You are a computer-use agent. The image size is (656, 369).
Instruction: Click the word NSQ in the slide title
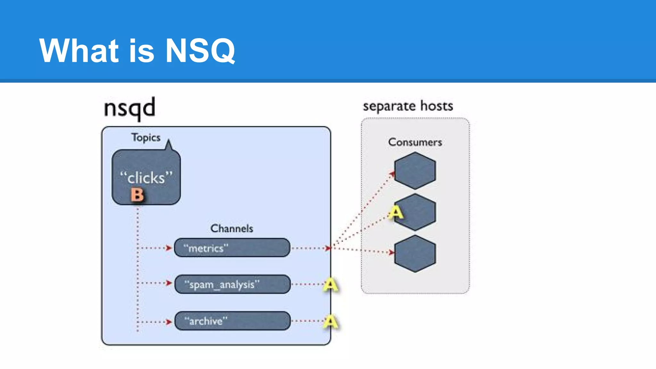click(x=200, y=51)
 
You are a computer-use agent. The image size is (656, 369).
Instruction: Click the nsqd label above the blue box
click(x=129, y=108)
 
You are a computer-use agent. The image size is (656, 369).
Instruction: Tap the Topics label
click(x=146, y=137)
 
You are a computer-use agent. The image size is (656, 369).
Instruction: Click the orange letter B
click(x=137, y=195)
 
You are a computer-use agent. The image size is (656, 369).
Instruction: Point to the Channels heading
click(x=232, y=228)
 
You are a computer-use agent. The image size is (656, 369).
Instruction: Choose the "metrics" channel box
click(x=232, y=248)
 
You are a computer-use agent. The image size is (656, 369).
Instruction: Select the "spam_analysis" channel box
click(x=233, y=284)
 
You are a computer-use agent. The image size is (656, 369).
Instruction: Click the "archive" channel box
click(x=233, y=321)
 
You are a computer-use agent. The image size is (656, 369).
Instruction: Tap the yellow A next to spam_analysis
click(x=331, y=284)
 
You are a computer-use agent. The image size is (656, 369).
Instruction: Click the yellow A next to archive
click(x=331, y=321)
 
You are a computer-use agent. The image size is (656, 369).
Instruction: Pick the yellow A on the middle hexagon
click(x=396, y=212)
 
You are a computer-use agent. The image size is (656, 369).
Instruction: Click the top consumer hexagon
click(x=415, y=170)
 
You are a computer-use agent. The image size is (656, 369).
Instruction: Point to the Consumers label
click(x=415, y=142)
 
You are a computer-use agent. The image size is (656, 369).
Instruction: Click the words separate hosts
click(x=408, y=106)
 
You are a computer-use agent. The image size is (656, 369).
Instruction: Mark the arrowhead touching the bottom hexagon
click(x=391, y=252)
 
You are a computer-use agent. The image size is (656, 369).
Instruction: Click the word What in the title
click(x=79, y=51)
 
